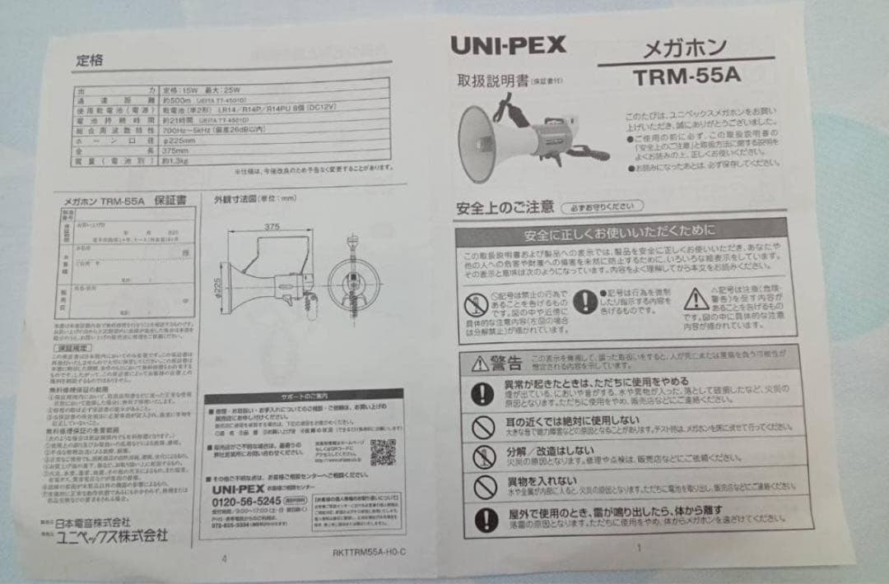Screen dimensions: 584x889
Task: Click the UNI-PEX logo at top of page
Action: (508, 45)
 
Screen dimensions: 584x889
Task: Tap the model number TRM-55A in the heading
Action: (688, 76)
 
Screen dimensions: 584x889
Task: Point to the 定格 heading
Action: (90, 61)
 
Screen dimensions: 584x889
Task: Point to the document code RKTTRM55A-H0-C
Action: (370, 553)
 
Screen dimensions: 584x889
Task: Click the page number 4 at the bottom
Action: (224, 558)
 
